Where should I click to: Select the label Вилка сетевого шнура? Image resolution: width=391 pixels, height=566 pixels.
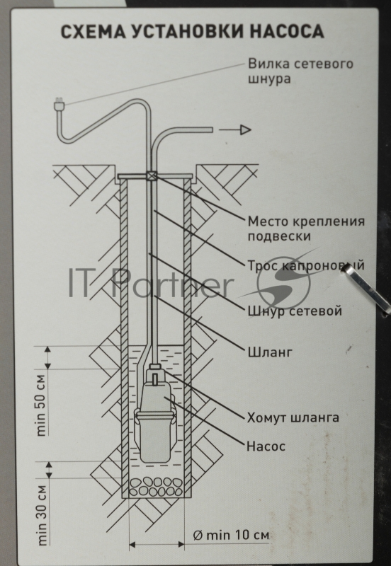300,71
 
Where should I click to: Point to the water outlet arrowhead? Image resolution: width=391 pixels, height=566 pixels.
244,129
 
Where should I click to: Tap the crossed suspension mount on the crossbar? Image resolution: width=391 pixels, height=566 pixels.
152,177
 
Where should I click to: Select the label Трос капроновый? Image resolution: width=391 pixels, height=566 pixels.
306,267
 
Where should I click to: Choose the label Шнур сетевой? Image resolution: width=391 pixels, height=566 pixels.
295,311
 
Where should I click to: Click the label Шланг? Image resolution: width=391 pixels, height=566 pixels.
268,350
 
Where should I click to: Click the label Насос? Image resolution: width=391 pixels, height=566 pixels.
266,446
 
